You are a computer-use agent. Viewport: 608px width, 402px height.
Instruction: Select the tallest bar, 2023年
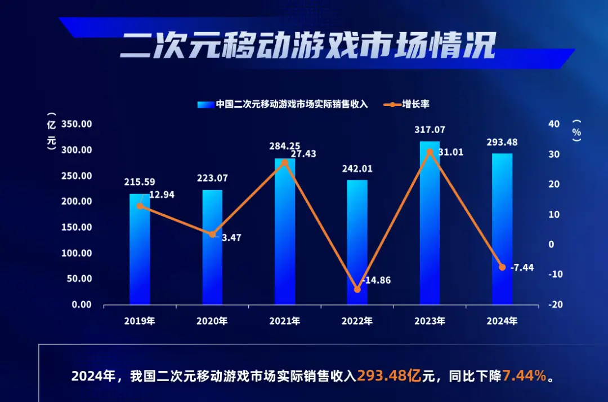coord(430,226)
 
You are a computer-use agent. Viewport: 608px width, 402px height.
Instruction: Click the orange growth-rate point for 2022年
coord(357,289)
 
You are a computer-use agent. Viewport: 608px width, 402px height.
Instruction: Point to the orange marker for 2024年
coord(502,267)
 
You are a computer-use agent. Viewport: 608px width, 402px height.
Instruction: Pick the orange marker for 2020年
coord(212,234)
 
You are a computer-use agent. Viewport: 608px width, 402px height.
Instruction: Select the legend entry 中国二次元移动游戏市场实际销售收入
coord(291,104)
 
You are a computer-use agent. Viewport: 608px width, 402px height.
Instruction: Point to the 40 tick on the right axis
coord(553,124)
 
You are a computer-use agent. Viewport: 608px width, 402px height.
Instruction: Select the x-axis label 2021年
coord(285,321)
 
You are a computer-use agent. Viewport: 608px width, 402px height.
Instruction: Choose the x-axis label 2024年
coord(502,321)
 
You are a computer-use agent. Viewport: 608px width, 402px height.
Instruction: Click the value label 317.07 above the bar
coord(430,130)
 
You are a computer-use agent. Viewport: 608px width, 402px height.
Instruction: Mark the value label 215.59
coord(140,182)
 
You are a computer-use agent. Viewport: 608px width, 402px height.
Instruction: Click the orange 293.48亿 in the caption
coord(390,376)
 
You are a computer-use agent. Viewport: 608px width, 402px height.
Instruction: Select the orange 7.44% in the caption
coord(525,376)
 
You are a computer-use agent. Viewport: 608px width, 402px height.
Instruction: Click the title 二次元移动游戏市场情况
coord(307,45)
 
